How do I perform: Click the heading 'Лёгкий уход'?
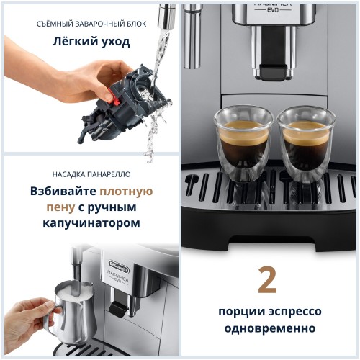(x=91, y=41)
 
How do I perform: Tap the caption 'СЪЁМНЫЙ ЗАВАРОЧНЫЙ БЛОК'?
(x=91, y=24)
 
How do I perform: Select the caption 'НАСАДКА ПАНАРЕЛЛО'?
(x=91, y=174)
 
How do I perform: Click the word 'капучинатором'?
(x=91, y=223)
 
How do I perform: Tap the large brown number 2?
(x=267, y=282)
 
